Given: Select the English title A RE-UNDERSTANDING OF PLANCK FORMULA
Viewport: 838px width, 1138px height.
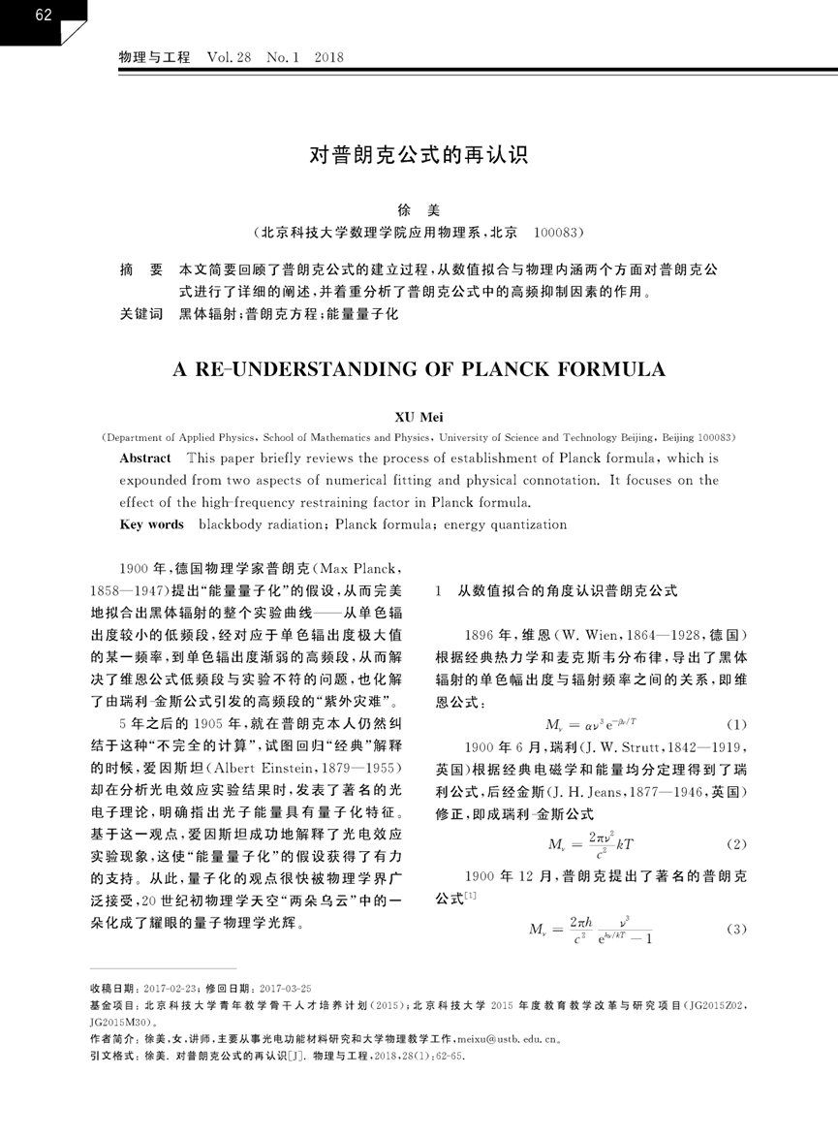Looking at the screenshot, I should tap(419, 370).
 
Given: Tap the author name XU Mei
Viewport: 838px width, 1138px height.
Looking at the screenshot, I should tap(418, 417).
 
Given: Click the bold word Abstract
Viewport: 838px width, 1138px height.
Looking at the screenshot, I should tap(144, 458).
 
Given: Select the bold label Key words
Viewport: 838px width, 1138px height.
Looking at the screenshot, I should tap(151, 524).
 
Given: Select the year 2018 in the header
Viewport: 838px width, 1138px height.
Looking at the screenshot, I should tap(329, 59).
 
